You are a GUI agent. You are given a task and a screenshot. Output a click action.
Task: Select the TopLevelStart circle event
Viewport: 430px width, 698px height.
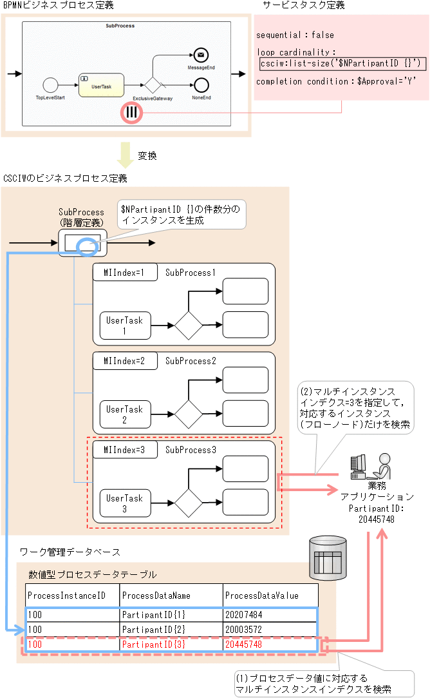[x=50, y=85]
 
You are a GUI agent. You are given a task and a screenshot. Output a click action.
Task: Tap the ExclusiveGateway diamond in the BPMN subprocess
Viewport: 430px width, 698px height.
[x=152, y=85]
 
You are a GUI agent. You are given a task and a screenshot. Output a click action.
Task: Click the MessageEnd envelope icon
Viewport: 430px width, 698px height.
[x=201, y=55]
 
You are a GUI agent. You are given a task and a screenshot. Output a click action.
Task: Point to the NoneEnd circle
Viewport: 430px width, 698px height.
[x=201, y=84]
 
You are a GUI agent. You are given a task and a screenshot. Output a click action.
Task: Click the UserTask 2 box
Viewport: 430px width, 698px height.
[x=125, y=414]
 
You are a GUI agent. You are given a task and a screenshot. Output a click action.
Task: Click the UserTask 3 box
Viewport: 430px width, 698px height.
[x=125, y=503]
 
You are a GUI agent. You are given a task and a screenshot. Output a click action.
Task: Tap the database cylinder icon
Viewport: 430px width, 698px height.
[x=328, y=557]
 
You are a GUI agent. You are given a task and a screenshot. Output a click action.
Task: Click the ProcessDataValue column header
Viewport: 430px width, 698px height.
[x=270, y=596]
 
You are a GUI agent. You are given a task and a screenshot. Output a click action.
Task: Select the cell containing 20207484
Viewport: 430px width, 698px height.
[x=270, y=615]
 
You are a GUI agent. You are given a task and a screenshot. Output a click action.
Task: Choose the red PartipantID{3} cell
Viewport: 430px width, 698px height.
[x=171, y=644]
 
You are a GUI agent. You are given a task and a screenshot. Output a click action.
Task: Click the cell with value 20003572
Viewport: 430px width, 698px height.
[x=270, y=629]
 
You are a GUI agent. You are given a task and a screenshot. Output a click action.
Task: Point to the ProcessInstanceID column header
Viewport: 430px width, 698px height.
[x=73, y=596]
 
